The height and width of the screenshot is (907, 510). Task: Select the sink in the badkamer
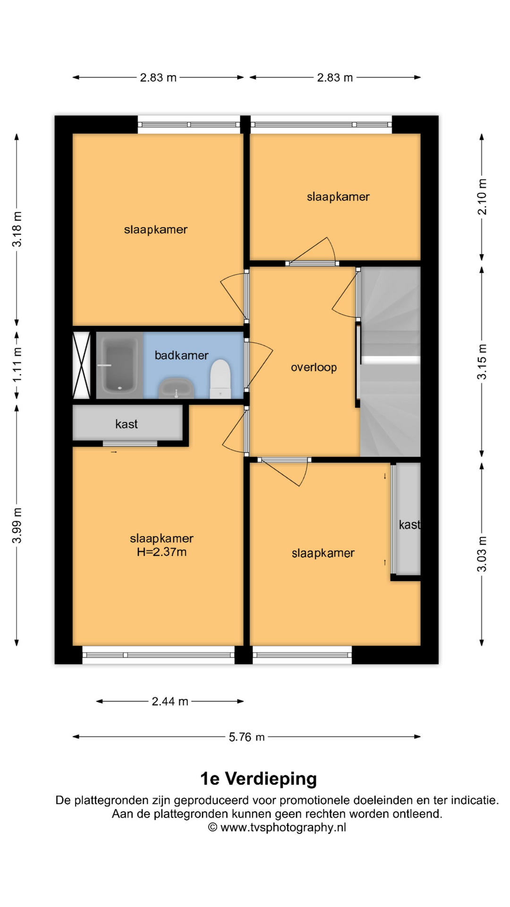click(176, 388)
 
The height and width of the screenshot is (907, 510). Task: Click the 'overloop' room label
click(314, 368)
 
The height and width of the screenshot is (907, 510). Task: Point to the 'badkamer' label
click(181, 355)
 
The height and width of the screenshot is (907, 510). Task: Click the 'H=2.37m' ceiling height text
click(161, 552)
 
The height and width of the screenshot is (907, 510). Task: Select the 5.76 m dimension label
click(246, 737)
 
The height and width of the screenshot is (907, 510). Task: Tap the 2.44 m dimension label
click(170, 702)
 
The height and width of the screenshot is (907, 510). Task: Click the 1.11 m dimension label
click(17, 365)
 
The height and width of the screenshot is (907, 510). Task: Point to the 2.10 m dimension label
click(482, 197)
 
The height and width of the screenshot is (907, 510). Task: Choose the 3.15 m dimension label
click(482, 362)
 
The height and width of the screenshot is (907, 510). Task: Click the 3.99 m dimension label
click(17, 526)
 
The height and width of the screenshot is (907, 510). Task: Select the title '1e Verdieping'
click(258, 779)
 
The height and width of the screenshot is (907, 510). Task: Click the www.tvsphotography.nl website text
click(283, 827)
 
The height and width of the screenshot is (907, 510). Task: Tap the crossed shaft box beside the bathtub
click(81, 365)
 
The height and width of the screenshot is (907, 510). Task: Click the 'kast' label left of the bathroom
click(127, 424)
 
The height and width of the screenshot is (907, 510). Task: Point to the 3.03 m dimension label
click(482, 554)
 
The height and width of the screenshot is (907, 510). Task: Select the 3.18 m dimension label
click(17, 229)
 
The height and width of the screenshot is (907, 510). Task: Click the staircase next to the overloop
click(390, 362)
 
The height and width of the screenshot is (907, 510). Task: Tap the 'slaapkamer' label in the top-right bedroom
click(338, 197)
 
